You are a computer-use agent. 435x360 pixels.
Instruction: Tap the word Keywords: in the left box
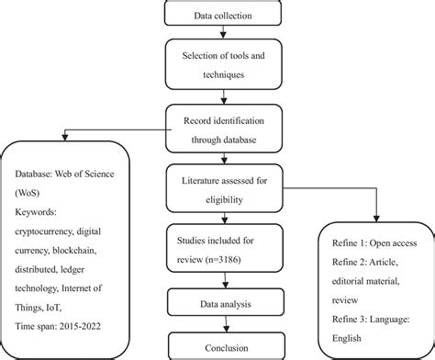(38, 209)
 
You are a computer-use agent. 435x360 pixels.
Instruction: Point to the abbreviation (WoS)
(31, 192)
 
